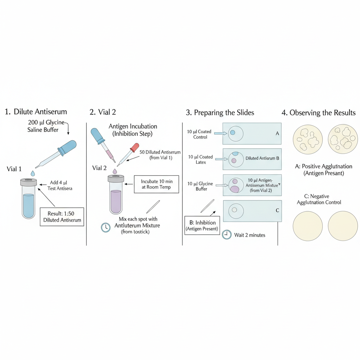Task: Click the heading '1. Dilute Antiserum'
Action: [x=36, y=112]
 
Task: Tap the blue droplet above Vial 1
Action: [x=33, y=173]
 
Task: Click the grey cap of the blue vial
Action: [x=28, y=182]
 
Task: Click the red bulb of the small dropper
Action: [x=135, y=147]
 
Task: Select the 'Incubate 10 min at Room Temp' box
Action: [x=156, y=184]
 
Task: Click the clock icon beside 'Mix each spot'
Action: [x=105, y=227]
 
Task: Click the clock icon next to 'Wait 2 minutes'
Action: [x=227, y=234]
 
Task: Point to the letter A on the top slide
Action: [x=277, y=134]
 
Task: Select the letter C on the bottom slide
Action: [x=277, y=210]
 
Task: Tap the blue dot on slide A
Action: [x=232, y=133]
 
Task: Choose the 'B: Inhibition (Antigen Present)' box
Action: [x=202, y=226]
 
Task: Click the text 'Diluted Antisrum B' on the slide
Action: [x=262, y=158]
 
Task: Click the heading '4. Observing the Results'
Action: [x=319, y=113]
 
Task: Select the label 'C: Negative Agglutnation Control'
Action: [x=319, y=199]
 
